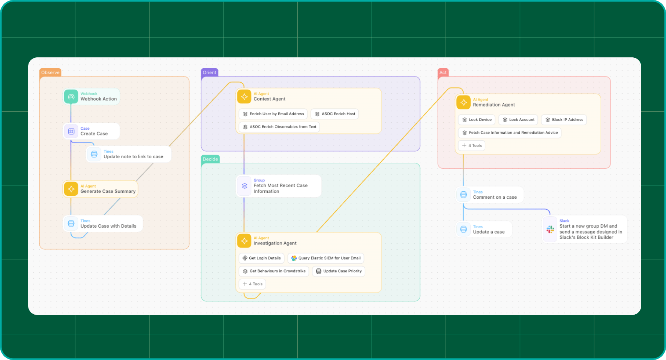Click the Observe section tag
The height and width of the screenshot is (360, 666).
tap(50, 72)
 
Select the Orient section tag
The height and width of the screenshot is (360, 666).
tap(209, 72)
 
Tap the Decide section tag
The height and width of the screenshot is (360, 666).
tap(210, 159)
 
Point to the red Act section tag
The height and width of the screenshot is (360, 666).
tap(443, 72)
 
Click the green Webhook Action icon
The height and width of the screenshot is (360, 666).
tap(71, 96)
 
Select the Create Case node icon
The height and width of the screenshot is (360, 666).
tap(71, 131)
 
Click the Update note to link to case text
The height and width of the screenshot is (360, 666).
tap(133, 157)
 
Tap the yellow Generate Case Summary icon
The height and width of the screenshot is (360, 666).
tap(71, 189)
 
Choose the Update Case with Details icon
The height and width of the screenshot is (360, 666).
tap(71, 223)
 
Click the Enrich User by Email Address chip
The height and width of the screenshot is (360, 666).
tap(273, 114)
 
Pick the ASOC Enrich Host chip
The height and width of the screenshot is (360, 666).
tap(334, 114)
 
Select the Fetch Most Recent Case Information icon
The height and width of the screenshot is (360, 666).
tap(244, 186)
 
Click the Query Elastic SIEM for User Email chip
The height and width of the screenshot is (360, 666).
tap(326, 258)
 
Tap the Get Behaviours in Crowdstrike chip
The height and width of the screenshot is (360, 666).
tap(274, 271)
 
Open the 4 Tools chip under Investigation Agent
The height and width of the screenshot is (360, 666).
tap(252, 284)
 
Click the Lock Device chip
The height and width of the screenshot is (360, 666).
tap(477, 120)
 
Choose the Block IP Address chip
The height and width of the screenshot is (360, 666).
tap(564, 120)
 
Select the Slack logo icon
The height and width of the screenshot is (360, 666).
tap(550, 229)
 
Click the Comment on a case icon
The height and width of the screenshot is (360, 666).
tap(463, 195)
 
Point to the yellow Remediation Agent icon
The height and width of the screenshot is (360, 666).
tap(463, 102)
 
